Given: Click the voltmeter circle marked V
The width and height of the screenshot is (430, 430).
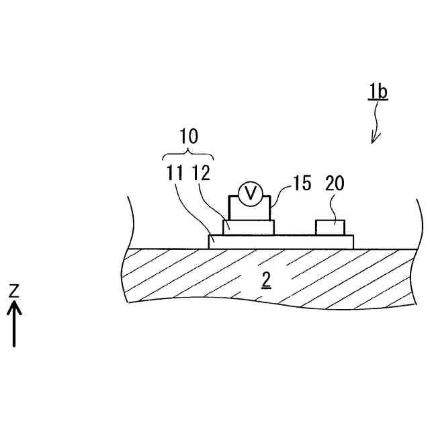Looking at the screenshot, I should [251, 194].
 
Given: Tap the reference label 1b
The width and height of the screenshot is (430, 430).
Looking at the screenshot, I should [378, 91].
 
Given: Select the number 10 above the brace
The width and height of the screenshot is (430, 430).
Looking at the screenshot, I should [189, 137].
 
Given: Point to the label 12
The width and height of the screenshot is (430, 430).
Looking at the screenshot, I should [202, 173].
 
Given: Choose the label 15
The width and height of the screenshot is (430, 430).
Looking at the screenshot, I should [302, 183].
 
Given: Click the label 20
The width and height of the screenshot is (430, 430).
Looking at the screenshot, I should [335, 183].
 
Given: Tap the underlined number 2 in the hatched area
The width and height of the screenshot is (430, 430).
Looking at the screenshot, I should [266, 280].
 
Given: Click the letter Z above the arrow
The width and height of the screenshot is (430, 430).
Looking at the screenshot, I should [14, 292].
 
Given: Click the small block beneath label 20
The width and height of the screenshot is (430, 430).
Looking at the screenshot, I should [331, 227].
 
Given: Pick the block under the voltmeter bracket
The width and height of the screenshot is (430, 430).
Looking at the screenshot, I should [248, 227].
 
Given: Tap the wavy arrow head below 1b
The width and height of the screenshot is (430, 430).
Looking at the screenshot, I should [375, 138].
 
